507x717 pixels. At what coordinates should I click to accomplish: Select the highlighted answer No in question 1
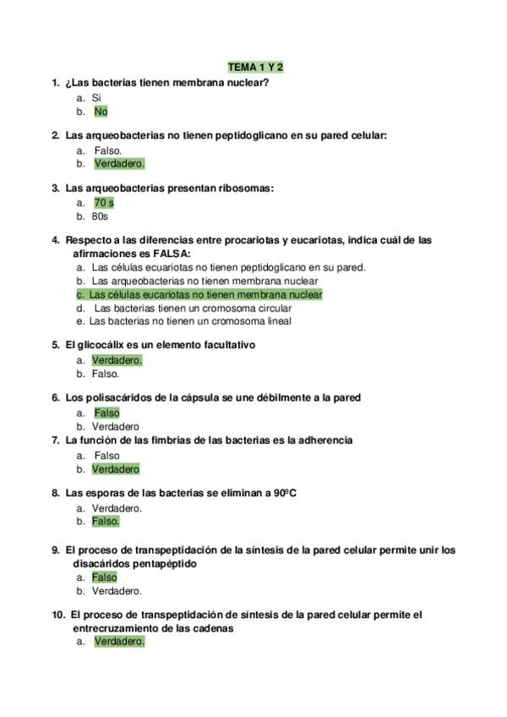pos(101,111)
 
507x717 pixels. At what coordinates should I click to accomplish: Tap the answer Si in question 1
pos(96,97)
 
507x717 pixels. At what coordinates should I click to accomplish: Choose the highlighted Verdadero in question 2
pos(118,163)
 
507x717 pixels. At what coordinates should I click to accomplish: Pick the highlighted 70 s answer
pos(103,203)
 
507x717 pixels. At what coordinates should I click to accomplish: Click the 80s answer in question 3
pos(100,216)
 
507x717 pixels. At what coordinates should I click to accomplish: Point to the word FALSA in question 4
pos(172,254)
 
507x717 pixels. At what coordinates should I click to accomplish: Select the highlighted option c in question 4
pos(199,294)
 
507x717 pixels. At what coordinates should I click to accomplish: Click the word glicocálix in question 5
pos(105,346)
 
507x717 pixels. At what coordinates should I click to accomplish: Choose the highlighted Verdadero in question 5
pos(117,360)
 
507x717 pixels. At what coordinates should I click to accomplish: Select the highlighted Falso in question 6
pos(106,413)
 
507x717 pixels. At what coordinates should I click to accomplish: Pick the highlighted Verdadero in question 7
pos(115,468)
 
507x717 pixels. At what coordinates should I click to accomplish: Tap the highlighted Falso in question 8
pos(106,522)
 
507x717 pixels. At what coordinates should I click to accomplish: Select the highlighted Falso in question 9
pos(105,577)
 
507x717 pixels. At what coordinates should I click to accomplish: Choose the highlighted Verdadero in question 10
pos(119,642)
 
